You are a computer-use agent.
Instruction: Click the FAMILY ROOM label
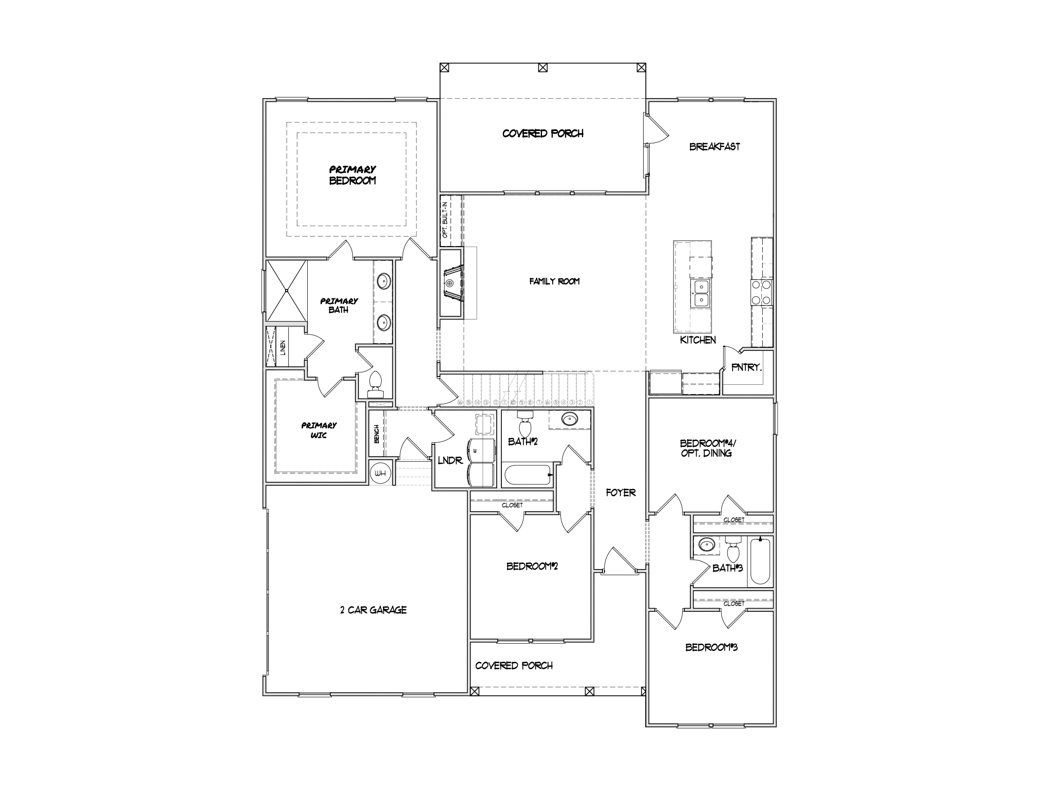(x=554, y=281)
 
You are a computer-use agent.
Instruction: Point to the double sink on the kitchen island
(x=700, y=293)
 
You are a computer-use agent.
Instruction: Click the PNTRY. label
(x=746, y=368)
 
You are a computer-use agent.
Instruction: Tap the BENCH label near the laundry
(x=377, y=434)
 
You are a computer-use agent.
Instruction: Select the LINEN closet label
(x=283, y=348)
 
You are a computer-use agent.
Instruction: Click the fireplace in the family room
(x=453, y=283)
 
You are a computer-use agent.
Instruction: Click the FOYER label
(x=621, y=493)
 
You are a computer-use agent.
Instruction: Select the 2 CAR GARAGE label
(x=373, y=610)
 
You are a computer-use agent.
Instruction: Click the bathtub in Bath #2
(x=528, y=475)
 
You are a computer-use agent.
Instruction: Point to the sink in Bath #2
(x=569, y=420)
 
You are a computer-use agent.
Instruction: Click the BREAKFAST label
(x=715, y=147)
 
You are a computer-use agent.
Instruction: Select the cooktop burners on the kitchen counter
(x=761, y=292)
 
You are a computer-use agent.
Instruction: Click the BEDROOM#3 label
(x=711, y=647)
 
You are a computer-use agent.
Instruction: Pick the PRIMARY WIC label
(x=319, y=430)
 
